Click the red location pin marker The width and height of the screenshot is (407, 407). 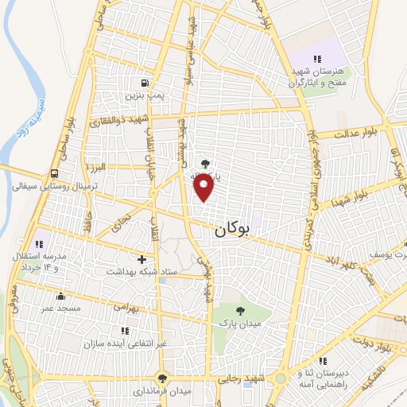coord(205,188)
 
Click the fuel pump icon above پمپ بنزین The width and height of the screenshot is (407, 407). coord(144,83)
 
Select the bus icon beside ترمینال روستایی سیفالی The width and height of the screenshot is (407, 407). coord(55,173)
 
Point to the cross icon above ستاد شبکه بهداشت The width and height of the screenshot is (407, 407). coord(142,259)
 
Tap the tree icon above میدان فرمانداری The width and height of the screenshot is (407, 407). coord(163,378)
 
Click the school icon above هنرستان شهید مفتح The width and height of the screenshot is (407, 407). coord(317,58)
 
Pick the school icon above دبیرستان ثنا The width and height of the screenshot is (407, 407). coord(322,361)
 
